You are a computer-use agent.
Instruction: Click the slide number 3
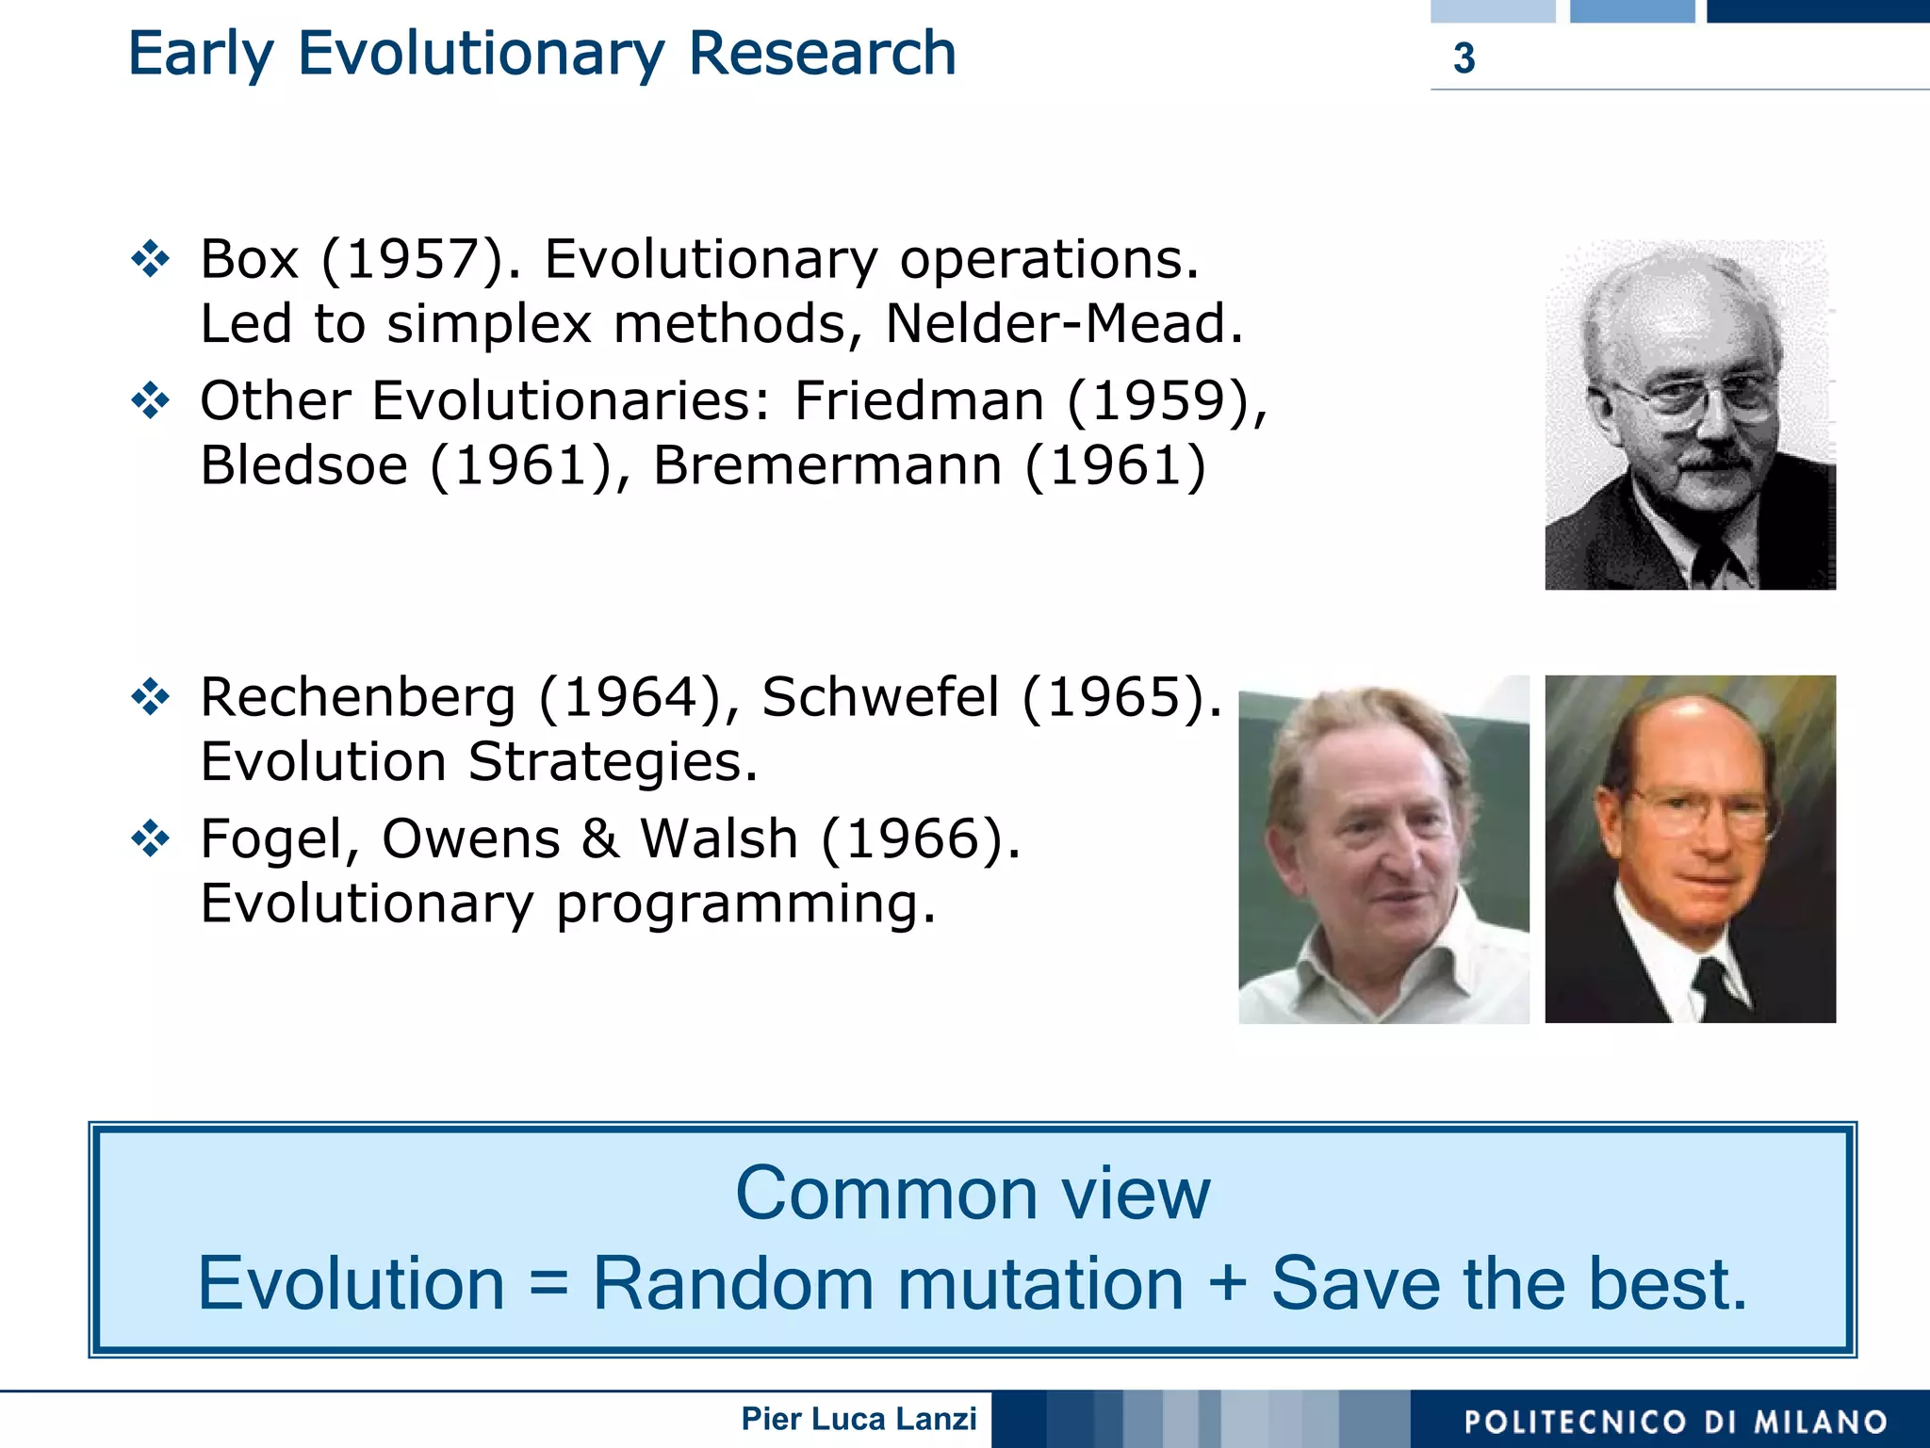1464,58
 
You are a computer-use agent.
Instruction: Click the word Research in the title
822,54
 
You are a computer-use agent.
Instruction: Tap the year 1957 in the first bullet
413,259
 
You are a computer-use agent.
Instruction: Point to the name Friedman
919,401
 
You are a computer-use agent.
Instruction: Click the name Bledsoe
303,465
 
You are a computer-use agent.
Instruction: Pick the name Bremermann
827,465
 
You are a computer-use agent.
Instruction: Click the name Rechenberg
358,698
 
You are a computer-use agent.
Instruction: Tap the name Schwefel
880,698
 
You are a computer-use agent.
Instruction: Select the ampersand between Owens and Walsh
600,838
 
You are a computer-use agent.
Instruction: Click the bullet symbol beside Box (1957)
151,259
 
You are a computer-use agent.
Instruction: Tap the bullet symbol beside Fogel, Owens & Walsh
151,838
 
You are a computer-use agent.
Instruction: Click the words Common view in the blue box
972,1194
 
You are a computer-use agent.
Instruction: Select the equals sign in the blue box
548,1284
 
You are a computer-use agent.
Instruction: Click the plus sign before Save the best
1227,1282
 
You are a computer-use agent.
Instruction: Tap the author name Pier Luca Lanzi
859,1419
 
